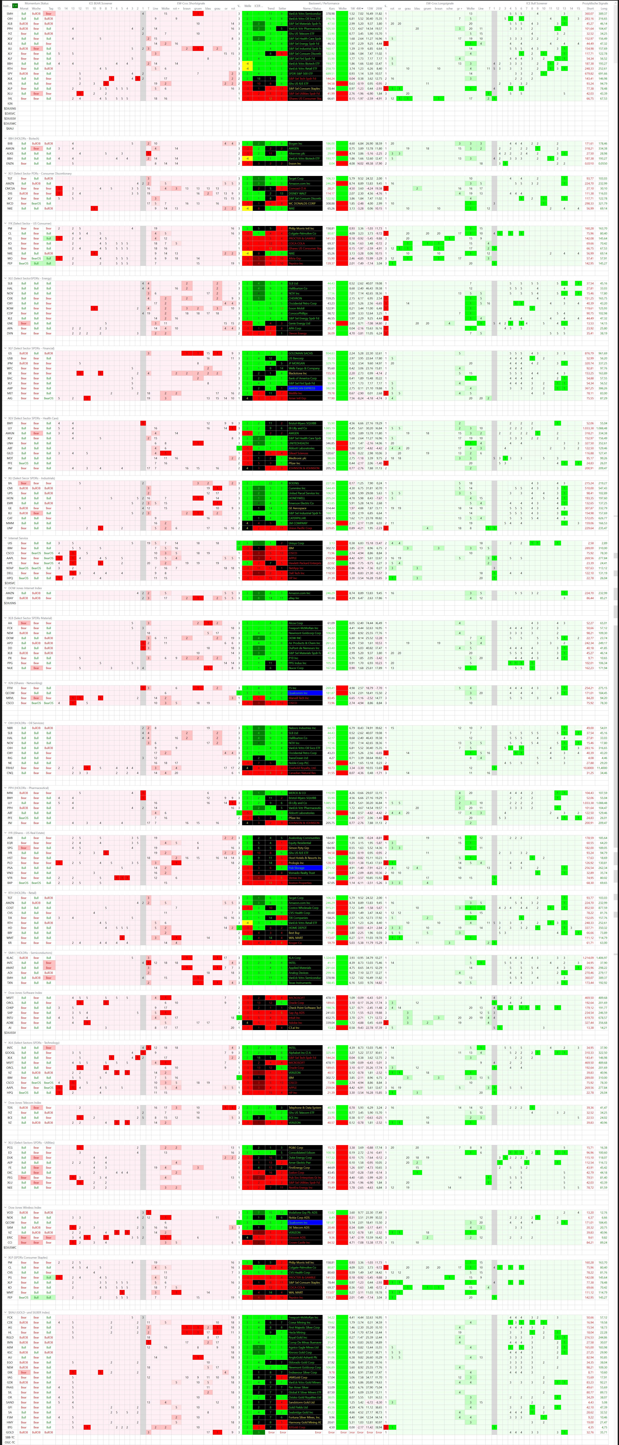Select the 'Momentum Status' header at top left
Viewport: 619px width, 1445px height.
click(x=36, y=3)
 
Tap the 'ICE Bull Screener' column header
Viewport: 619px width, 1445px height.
click(x=536, y=3)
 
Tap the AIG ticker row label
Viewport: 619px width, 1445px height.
click(x=10, y=398)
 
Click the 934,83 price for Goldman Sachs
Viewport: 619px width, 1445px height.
click(x=330, y=353)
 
